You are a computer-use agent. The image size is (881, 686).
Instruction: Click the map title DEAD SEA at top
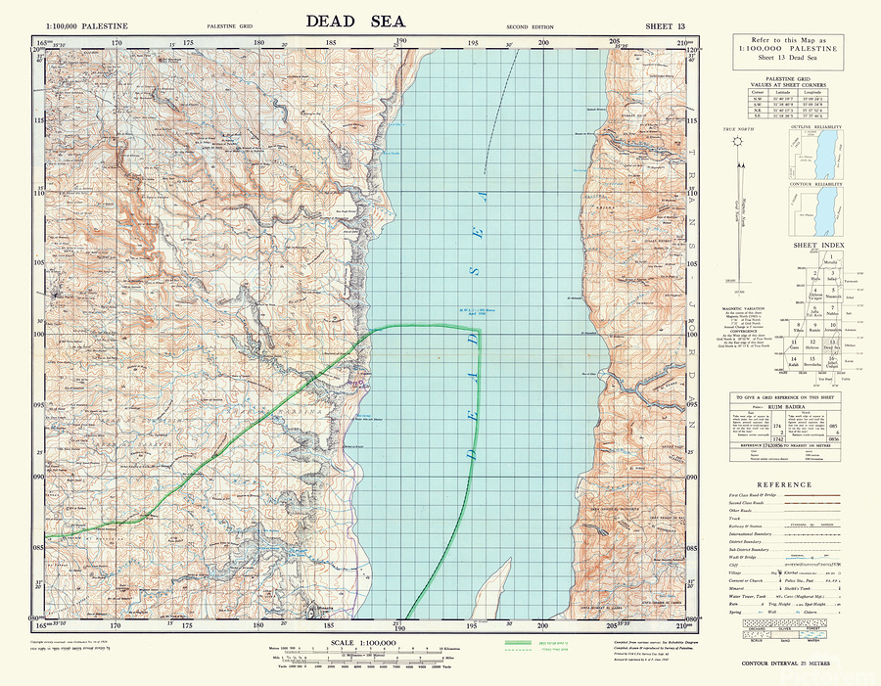(x=355, y=20)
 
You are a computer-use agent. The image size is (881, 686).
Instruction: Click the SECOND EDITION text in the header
(x=528, y=24)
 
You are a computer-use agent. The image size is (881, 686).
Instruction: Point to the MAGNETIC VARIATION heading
(x=748, y=304)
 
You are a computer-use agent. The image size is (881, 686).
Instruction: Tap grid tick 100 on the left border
(x=39, y=334)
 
